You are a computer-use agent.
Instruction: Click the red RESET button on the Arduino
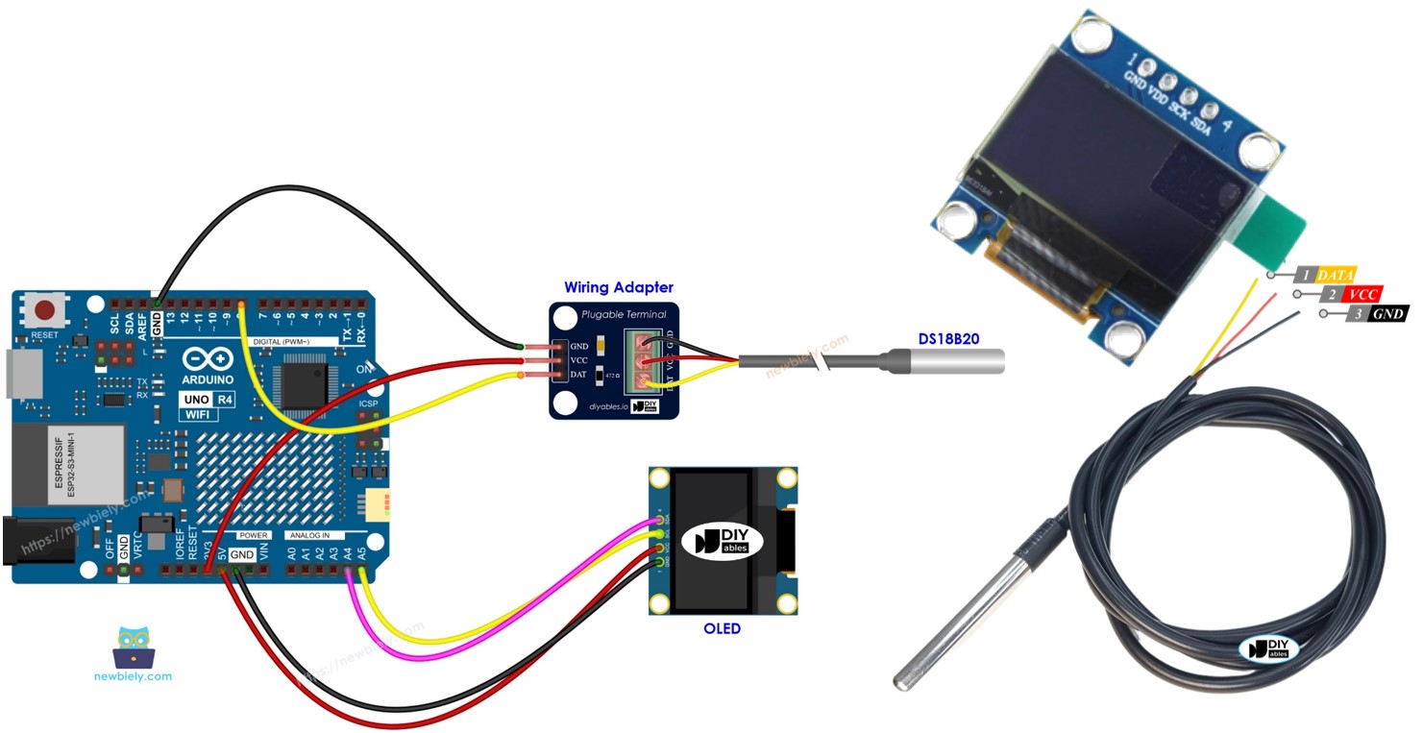tap(44, 309)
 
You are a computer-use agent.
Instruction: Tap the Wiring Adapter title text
tap(618, 286)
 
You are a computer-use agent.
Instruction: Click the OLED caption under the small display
tap(722, 628)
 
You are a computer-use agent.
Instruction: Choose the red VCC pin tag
tap(1363, 294)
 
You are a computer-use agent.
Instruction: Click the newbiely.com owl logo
tap(133, 648)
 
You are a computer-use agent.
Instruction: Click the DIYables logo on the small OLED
tap(721, 542)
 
